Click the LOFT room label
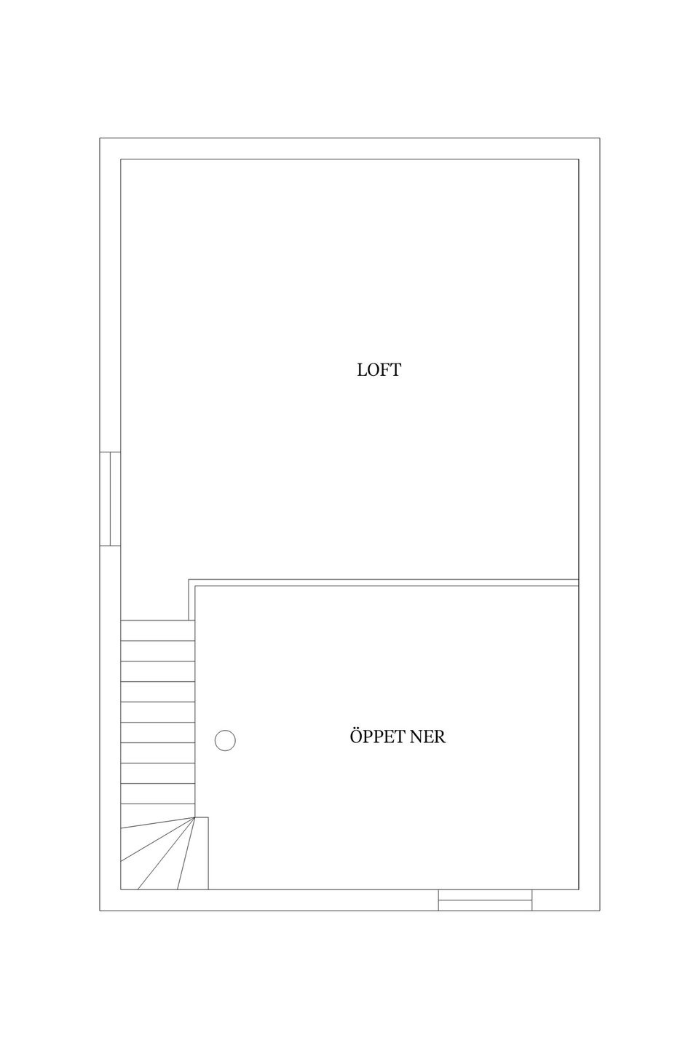(x=379, y=370)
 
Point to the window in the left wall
(x=110, y=499)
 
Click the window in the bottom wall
(x=485, y=900)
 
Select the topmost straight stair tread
(x=158, y=630)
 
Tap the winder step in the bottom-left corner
(x=133, y=871)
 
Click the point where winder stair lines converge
(x=194, y=817)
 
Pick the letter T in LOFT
(x=396, y=370)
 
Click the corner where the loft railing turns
(x=189, y=580)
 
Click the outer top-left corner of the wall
(x=100, y=138)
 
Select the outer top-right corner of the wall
(x=600, y=138)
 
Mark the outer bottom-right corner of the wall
(x=600, y=911)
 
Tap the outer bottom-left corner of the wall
(x=100, y=911)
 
